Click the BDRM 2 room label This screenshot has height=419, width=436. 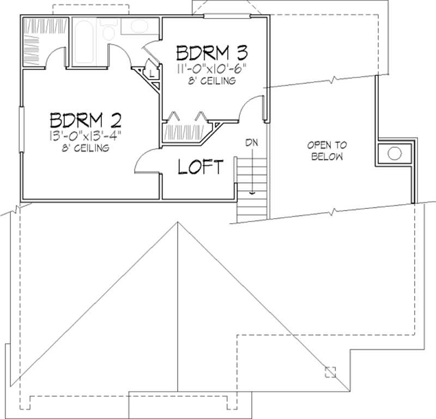[85, 119]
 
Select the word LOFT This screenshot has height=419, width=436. [201, 167]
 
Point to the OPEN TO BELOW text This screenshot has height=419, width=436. [327, 151]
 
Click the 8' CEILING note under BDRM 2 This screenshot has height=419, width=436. [86, 148]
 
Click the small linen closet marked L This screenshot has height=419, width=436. [151, 70]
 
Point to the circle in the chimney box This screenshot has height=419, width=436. [395, 153]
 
